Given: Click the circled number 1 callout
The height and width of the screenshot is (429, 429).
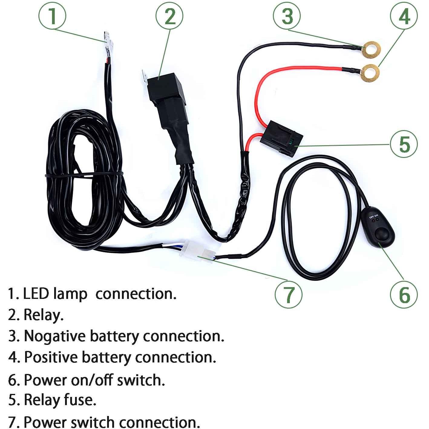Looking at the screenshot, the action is (x=52, y=16).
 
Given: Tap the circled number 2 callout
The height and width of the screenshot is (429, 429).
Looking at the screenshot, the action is (x=169, y=16).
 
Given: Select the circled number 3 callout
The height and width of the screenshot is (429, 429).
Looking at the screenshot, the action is (x=287, y=16).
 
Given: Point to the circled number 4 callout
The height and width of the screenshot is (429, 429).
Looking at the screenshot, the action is (x=404, y=16).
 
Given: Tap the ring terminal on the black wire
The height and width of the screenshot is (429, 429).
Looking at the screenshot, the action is (x=371, y=50).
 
